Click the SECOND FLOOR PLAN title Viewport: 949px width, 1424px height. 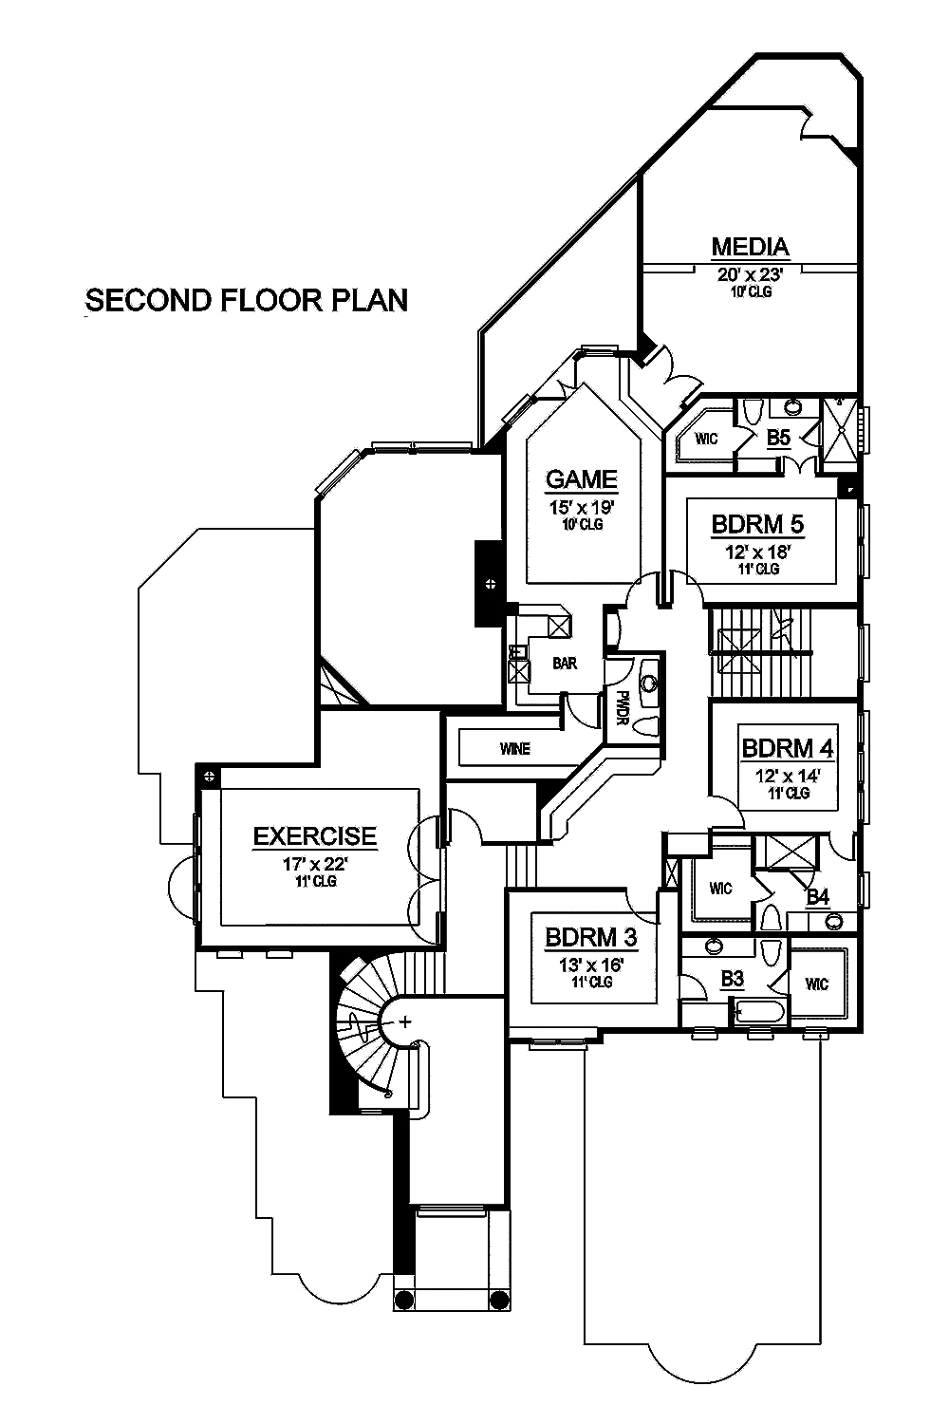point(247,300)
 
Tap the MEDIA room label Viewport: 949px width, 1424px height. point(750,247)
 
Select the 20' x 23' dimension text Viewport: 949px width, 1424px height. point(750,274)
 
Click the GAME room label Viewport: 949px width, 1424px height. point(581,479)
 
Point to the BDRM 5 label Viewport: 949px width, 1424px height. point(757,524)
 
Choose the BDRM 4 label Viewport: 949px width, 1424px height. point(787,748)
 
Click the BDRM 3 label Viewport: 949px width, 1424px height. point(590,938)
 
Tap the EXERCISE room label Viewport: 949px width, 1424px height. point(314,836)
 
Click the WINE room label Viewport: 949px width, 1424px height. point(514,749)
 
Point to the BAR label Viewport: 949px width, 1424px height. point(565,664)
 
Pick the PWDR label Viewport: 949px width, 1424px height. point(623,707)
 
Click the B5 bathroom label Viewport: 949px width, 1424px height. point(778,438)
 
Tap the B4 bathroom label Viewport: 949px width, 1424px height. point(817,896)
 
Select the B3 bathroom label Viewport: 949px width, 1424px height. point(732,979)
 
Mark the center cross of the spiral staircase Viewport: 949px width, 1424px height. point(406,1022)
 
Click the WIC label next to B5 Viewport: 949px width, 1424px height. point(706,439)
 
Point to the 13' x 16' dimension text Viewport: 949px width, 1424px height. point(590,965)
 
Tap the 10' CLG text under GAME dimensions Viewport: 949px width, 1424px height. point(581,524)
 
